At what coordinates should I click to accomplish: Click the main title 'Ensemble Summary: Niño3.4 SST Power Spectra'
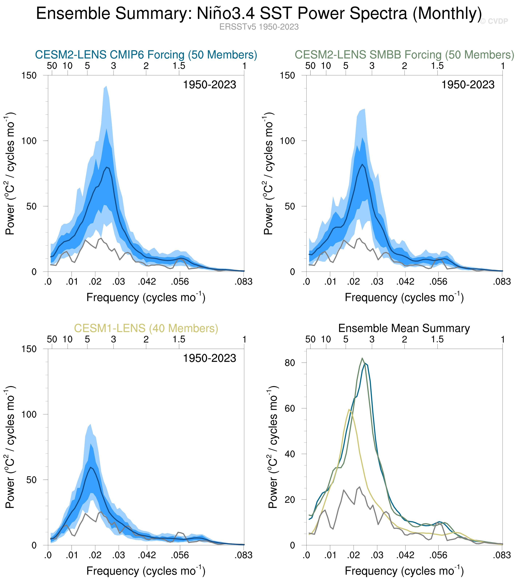point(259,13)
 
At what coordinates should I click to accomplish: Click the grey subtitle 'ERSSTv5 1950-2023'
point(259,27)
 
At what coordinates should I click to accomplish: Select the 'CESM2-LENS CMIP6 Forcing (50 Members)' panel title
point(146,54)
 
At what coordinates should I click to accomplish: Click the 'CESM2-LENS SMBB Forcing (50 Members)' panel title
point(404,54)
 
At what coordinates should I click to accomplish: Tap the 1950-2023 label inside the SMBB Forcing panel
point(468,85)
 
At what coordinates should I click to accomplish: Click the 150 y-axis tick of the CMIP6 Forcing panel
point(29,76)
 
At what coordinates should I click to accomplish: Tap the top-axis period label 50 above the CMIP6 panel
point(52,66)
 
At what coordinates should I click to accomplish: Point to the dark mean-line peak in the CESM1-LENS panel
point(91,467)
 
